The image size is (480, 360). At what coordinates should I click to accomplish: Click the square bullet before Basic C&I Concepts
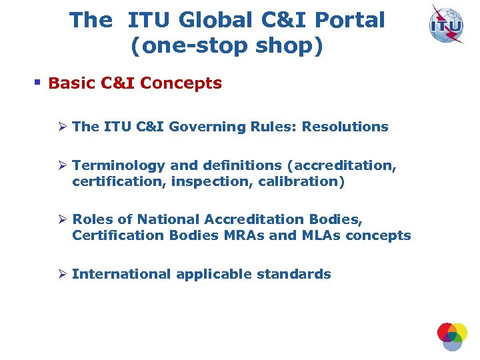38,83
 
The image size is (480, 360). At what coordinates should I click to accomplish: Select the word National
159,219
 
